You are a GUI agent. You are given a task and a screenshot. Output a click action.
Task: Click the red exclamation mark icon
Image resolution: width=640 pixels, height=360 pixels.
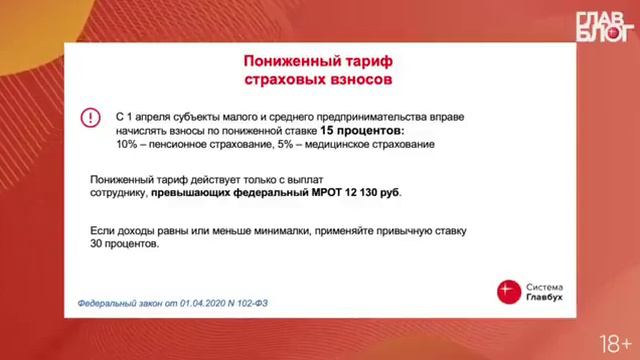pyautogui.click(x=90, y=117)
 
